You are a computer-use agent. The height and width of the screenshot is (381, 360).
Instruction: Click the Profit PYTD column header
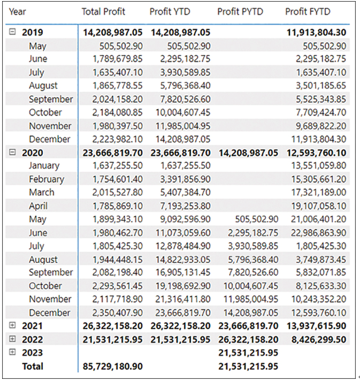pos(240,11)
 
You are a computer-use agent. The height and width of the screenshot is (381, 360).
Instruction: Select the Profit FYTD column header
pos(308,11)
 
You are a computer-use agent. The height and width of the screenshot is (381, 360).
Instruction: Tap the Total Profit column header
pos(103,11)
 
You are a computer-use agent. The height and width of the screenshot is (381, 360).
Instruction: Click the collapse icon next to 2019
pos(12,32)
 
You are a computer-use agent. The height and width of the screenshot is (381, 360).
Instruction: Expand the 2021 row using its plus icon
pos(12,325)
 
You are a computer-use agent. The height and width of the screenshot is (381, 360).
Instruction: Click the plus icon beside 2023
pos(12,352)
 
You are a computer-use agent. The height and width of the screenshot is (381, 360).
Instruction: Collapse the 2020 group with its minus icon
pos(12,152)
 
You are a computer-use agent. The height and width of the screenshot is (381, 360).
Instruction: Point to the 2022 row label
pos(32,339)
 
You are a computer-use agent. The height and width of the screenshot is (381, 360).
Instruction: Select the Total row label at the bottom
pos(33,366)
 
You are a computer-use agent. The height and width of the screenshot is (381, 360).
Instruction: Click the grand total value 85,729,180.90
pos(112,366)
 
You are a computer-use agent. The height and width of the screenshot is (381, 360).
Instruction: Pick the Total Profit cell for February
pos(117,179)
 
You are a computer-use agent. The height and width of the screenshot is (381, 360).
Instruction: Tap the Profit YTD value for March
pos(185,193)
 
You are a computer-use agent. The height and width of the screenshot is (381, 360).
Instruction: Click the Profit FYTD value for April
pos(318,206)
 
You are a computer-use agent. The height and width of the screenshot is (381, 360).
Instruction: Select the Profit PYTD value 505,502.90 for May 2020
pos(257,219)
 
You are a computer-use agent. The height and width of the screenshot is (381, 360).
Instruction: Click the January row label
pos(44,166)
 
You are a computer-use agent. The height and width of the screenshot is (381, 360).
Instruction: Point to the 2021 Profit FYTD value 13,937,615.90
pos(316,326)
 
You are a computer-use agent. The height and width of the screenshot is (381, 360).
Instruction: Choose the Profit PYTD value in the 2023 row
pos(248,353)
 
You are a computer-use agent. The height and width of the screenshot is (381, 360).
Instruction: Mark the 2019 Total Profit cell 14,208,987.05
pos(113,32)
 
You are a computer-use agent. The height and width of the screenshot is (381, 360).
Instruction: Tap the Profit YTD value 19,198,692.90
pos(182,286)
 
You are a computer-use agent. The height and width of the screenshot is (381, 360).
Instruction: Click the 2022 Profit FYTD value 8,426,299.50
pos(319,339)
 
